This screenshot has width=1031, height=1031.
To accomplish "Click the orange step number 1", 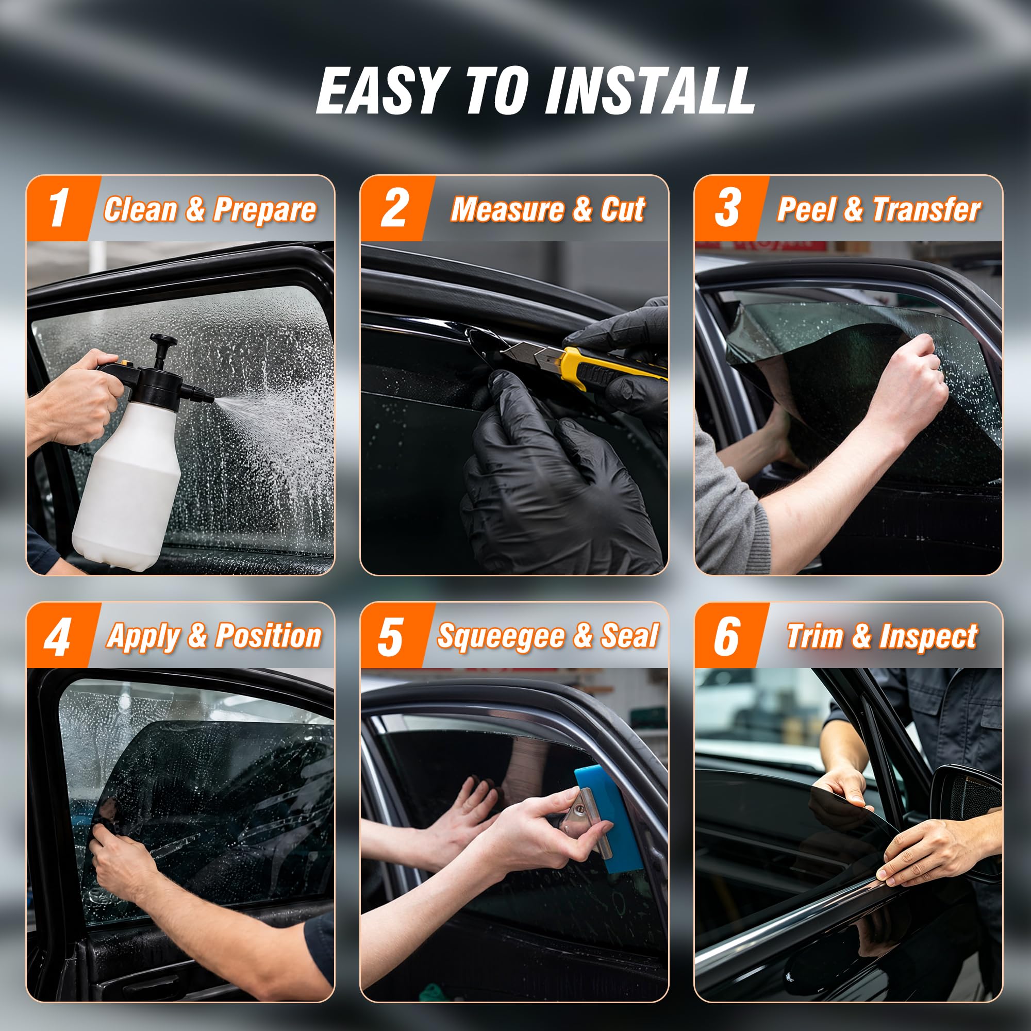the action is (59, 209).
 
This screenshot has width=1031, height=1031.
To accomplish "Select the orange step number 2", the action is (394, 209).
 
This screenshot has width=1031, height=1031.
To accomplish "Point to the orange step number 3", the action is (727, 209).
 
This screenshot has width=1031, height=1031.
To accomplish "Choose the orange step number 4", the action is (58, 637).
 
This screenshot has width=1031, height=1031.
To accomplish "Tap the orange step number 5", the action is (391, 637).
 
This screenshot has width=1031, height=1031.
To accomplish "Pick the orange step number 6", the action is (727, 637).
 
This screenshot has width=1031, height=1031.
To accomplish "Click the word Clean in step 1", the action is (140, 209).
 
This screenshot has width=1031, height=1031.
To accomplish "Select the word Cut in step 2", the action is (623, 209).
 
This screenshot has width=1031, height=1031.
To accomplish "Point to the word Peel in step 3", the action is (806, 209).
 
